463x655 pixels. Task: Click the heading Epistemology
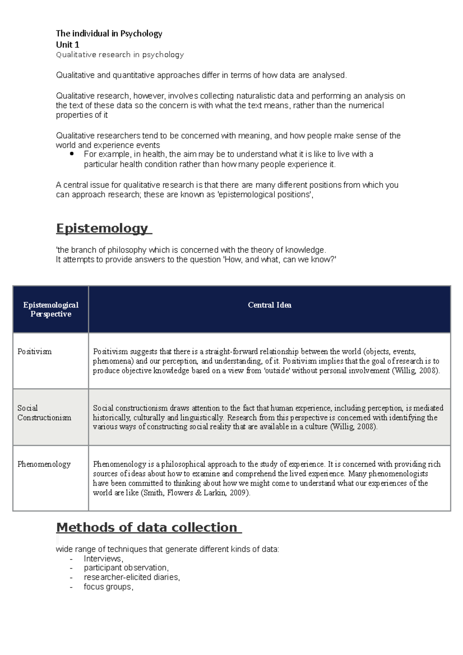102,228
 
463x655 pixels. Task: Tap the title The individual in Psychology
109,34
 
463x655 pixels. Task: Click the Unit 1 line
68,44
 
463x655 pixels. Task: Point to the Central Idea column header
269,305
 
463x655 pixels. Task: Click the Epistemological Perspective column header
51,309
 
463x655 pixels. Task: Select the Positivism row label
34,351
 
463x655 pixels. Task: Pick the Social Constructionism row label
44,413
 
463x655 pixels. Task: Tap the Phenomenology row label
44,464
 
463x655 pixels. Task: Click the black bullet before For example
72,154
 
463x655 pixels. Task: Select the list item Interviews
103,559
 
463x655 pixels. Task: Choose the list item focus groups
108,587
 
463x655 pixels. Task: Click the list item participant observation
126,568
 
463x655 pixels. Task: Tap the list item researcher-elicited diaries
132,577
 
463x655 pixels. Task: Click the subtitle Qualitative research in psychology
120,55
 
